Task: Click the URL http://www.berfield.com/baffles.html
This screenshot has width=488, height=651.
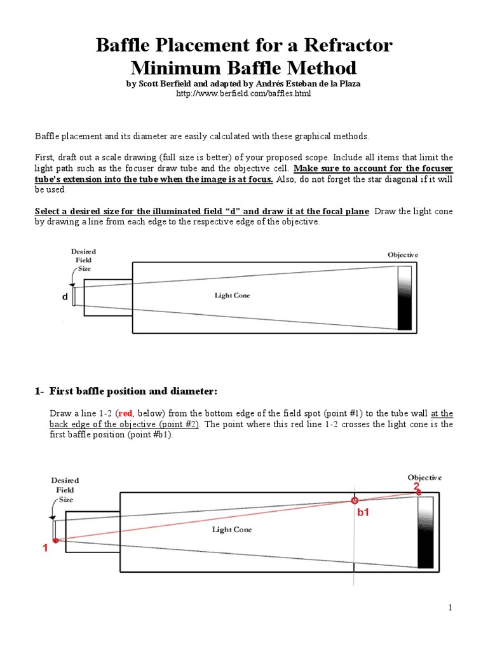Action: [243, 93]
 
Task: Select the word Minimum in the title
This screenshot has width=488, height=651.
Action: [180, 67]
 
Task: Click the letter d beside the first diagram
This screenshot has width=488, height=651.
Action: [64, 297]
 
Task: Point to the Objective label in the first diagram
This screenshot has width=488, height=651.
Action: [403, 254]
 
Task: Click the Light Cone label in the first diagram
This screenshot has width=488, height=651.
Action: [233, 296]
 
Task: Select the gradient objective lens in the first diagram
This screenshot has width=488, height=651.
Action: [404, 297]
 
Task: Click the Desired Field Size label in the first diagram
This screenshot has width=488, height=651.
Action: [83, 260]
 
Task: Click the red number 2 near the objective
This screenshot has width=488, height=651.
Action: [417, 487]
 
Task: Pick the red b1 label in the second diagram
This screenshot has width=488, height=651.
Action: [363, 513]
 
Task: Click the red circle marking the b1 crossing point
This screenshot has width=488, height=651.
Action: [355, 500]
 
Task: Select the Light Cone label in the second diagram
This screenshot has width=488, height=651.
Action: [233, 530]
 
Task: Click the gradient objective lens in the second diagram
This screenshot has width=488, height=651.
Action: [425, 532]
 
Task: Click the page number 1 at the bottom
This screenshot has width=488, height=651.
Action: [451, 608]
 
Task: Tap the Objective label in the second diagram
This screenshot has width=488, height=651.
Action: [424, 477]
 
